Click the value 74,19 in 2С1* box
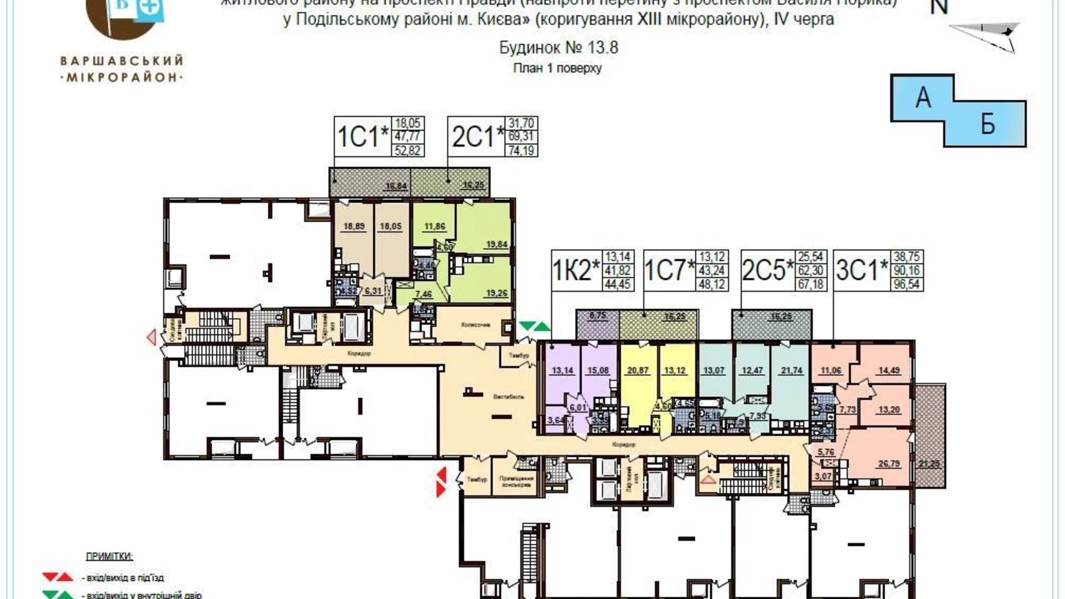[x=522, y=151]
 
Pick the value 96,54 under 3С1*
[x=907, y=285]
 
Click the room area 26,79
[x=889, y=464]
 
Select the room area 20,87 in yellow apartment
[x=637, y=371]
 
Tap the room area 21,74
[x=791, y=371]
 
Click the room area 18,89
[x=353, y=226]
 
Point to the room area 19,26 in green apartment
[x=496, y=293]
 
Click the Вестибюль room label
[x=508, y=397]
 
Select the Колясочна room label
[x=475, y=325]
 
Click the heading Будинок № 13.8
[x=558, y=47]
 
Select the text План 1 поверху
[x=557, y=68]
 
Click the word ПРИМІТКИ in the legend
[x=109, y=556]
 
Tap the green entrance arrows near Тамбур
[x=534, y=327]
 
